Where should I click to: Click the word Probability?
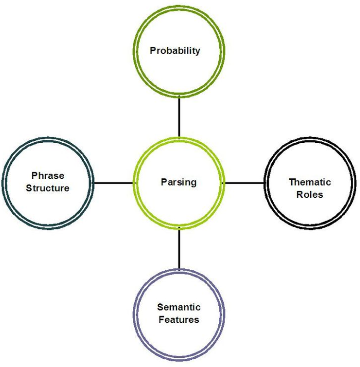(175, 51)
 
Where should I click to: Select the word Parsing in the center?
(178, 182)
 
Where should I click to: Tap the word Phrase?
(48, 176)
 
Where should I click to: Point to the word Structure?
(48, 188)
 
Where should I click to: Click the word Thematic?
(310, 182)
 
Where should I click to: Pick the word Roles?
(310, 194)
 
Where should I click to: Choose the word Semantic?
(179, 307)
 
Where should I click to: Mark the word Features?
(179, 319)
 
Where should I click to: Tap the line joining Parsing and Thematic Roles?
(244, 182)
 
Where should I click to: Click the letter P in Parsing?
(163, 182)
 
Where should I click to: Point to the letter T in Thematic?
(291, 182)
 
